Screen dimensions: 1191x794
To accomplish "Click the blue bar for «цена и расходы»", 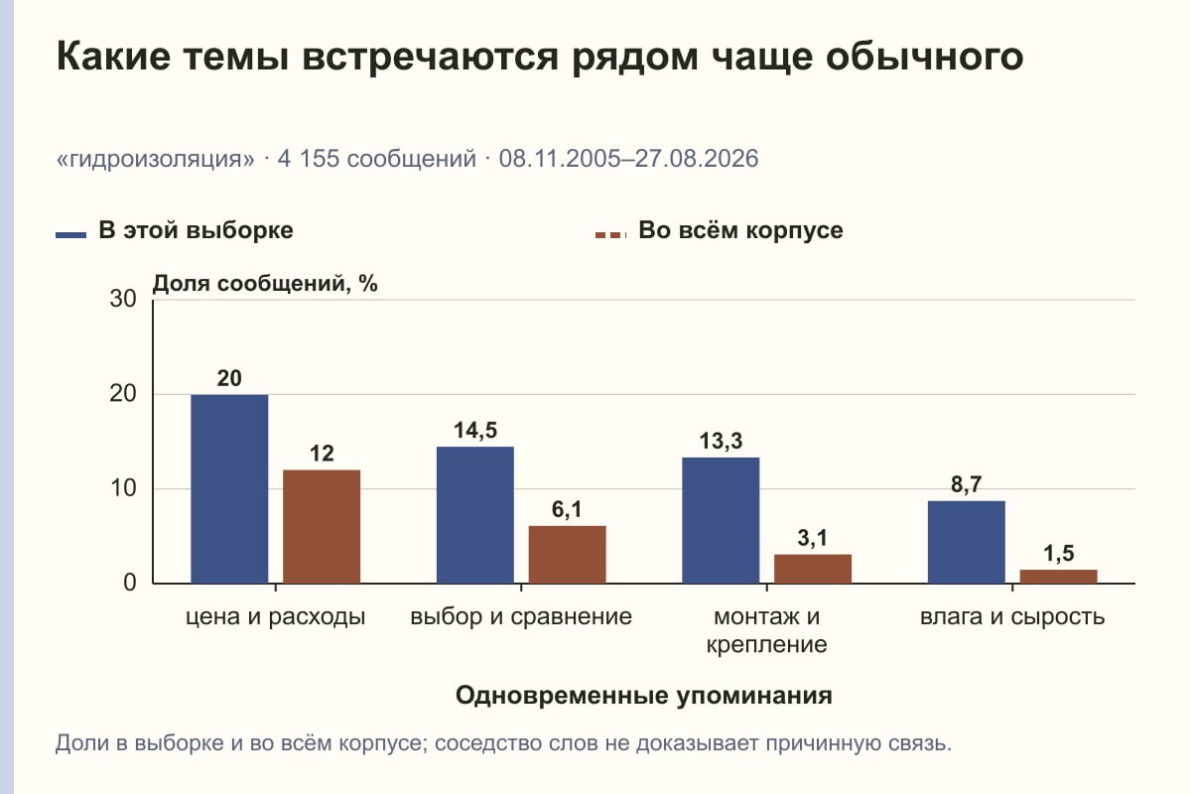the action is coord(229,488).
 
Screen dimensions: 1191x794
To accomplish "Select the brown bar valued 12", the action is coord(322,526).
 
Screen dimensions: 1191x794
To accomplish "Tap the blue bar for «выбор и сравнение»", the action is coord(474,515).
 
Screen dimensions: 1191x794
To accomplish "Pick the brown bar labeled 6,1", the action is coord(567,555).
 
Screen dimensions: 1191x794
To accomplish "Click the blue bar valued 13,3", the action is coord(721,521).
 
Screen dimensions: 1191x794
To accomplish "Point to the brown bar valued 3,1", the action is coord(813,569).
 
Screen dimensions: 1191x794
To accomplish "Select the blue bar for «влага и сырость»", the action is coord(966,543).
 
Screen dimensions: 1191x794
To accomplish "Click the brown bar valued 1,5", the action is coord(1058,577).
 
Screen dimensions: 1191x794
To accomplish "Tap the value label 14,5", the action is coord(475,430).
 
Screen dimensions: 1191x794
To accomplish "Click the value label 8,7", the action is coord(966,484).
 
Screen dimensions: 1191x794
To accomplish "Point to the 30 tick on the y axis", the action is coord(123,299).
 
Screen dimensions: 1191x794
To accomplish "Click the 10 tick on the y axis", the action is coord(123,488).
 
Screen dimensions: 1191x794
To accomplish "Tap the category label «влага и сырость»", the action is coord(1012,617).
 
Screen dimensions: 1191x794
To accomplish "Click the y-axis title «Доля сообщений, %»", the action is coord(265,284).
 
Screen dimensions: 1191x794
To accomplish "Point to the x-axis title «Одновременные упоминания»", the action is coord(644,695).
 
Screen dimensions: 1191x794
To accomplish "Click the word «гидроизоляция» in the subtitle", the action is coord(155,159).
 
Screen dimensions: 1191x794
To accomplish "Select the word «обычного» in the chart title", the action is coord(925,57).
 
